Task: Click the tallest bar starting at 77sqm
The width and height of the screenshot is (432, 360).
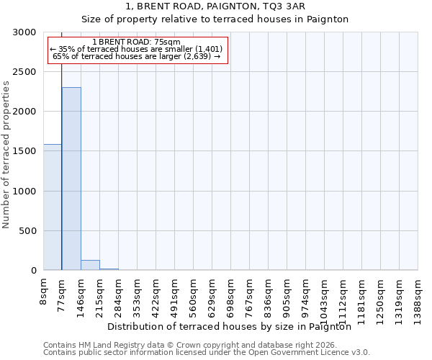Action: (71, 179)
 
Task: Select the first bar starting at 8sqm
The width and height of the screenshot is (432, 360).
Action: (53, 207)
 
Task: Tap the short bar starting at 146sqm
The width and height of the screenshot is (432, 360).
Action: (90, 265)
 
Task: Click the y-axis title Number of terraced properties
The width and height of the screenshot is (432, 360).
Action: (6, 154)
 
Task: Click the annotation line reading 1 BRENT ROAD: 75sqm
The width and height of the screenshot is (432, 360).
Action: (137, 42)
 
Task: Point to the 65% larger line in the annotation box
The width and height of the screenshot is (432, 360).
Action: (137, 56)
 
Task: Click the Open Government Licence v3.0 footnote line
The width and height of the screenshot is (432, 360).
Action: (207, 353)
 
